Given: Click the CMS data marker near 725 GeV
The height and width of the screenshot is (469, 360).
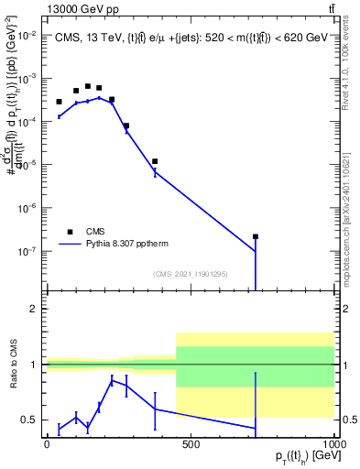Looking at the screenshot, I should click(256, 236).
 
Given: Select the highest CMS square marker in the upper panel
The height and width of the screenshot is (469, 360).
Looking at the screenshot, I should click(88, 86).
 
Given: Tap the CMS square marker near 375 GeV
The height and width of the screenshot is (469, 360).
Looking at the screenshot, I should click(155, 161).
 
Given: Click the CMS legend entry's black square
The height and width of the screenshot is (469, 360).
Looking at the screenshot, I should click(69, 232).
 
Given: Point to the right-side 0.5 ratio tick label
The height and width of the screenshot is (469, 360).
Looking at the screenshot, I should click(351, 420).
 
